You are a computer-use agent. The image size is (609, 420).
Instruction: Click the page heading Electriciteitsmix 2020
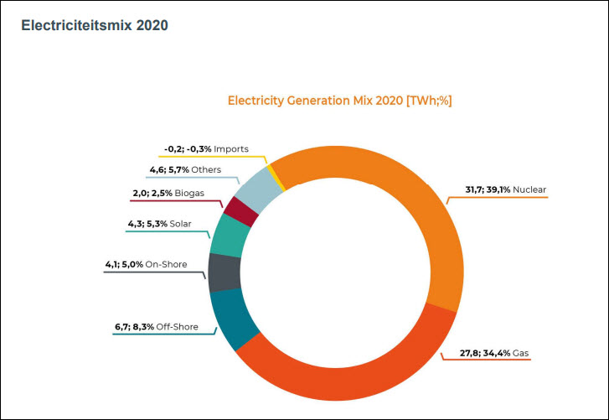(95, 25)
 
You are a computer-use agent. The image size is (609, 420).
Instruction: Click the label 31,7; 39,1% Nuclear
(505, 189)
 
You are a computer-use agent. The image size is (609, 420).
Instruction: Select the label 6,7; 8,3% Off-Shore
(157, 326)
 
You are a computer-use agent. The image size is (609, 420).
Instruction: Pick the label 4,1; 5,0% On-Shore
(146, 265)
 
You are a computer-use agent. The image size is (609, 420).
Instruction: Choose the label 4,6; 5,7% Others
(184, 169)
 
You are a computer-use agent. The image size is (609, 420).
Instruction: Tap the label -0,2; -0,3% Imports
(206, 148)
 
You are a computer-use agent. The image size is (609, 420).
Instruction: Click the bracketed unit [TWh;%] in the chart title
(429, 101)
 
